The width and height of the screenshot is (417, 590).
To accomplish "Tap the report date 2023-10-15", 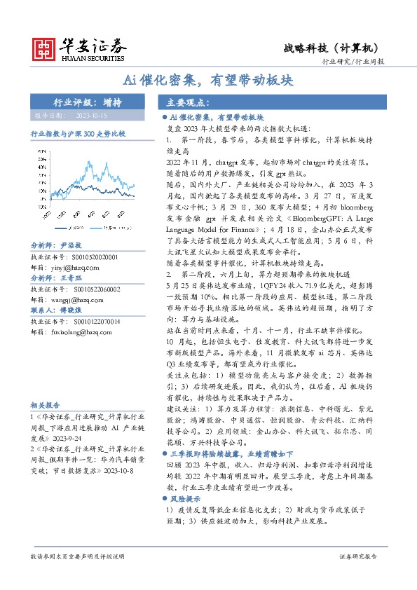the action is (x=92, y=115).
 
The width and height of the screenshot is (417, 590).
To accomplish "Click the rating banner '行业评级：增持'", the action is (x=88, y=102).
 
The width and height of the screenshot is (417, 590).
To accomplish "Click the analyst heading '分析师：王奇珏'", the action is (x=57, y=278).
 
